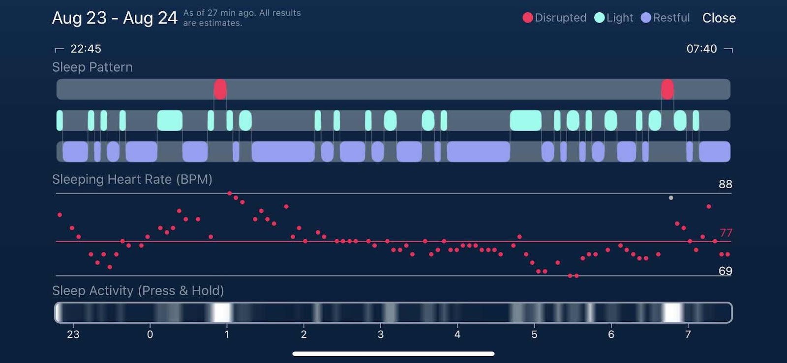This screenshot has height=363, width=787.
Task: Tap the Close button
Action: [719, 18]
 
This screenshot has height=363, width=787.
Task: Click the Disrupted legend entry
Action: [554, 18]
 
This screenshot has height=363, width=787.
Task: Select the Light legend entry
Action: [614, 18]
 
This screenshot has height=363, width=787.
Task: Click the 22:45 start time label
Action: [86, 49]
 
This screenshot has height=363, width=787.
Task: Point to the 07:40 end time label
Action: [701, 49]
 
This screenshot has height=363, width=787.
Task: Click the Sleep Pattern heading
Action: [92, 67]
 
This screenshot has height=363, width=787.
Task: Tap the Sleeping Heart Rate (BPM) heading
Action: [132, 179]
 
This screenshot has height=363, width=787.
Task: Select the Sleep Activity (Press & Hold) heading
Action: [138, 291]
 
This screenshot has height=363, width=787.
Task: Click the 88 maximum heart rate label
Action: [725, 184]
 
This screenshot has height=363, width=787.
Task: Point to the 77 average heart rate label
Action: [726, 233]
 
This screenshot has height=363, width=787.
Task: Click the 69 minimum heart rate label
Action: [725, 271]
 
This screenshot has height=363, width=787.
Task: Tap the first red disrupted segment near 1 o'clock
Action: [220, 89]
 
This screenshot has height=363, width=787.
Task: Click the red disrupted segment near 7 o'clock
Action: [667, 89]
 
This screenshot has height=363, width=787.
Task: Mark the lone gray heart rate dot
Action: [671, 198]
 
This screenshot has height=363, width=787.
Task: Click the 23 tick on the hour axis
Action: [73, 335]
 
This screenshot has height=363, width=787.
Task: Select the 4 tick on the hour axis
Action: [457, 335]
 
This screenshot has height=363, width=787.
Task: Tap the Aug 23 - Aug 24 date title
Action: [115, 18]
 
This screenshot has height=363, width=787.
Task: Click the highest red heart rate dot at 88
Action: [230, 194]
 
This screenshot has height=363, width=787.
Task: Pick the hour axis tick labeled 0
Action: [150, 335]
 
